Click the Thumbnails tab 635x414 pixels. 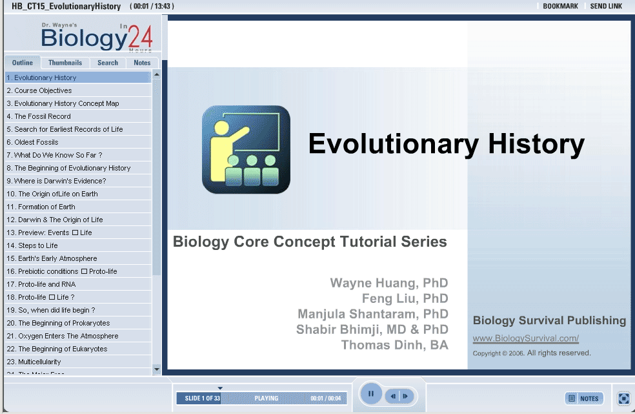[65, 63]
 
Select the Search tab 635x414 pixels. [108, 63]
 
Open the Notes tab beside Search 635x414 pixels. [142, 63]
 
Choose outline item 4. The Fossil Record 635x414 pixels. [39, 116]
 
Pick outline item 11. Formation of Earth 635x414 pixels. [41, 207]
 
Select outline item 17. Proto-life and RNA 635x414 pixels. [41, 284]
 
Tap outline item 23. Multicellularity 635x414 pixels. [34, 362]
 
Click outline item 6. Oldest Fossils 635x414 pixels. [32, 142]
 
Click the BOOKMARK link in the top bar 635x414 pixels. [561, 6]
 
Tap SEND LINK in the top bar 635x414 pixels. [606, 6]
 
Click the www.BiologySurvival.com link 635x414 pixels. [526, 338]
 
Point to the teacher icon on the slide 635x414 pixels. [247, 150]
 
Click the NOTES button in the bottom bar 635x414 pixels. [584, 398]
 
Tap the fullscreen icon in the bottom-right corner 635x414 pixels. [623, 398]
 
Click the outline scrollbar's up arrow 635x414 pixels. [157, 75]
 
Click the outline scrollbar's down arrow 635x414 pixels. [157, 369]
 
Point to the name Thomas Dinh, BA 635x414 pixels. [395, 345]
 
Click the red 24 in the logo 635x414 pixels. [140, 37]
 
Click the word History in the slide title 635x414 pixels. [536, 145]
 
